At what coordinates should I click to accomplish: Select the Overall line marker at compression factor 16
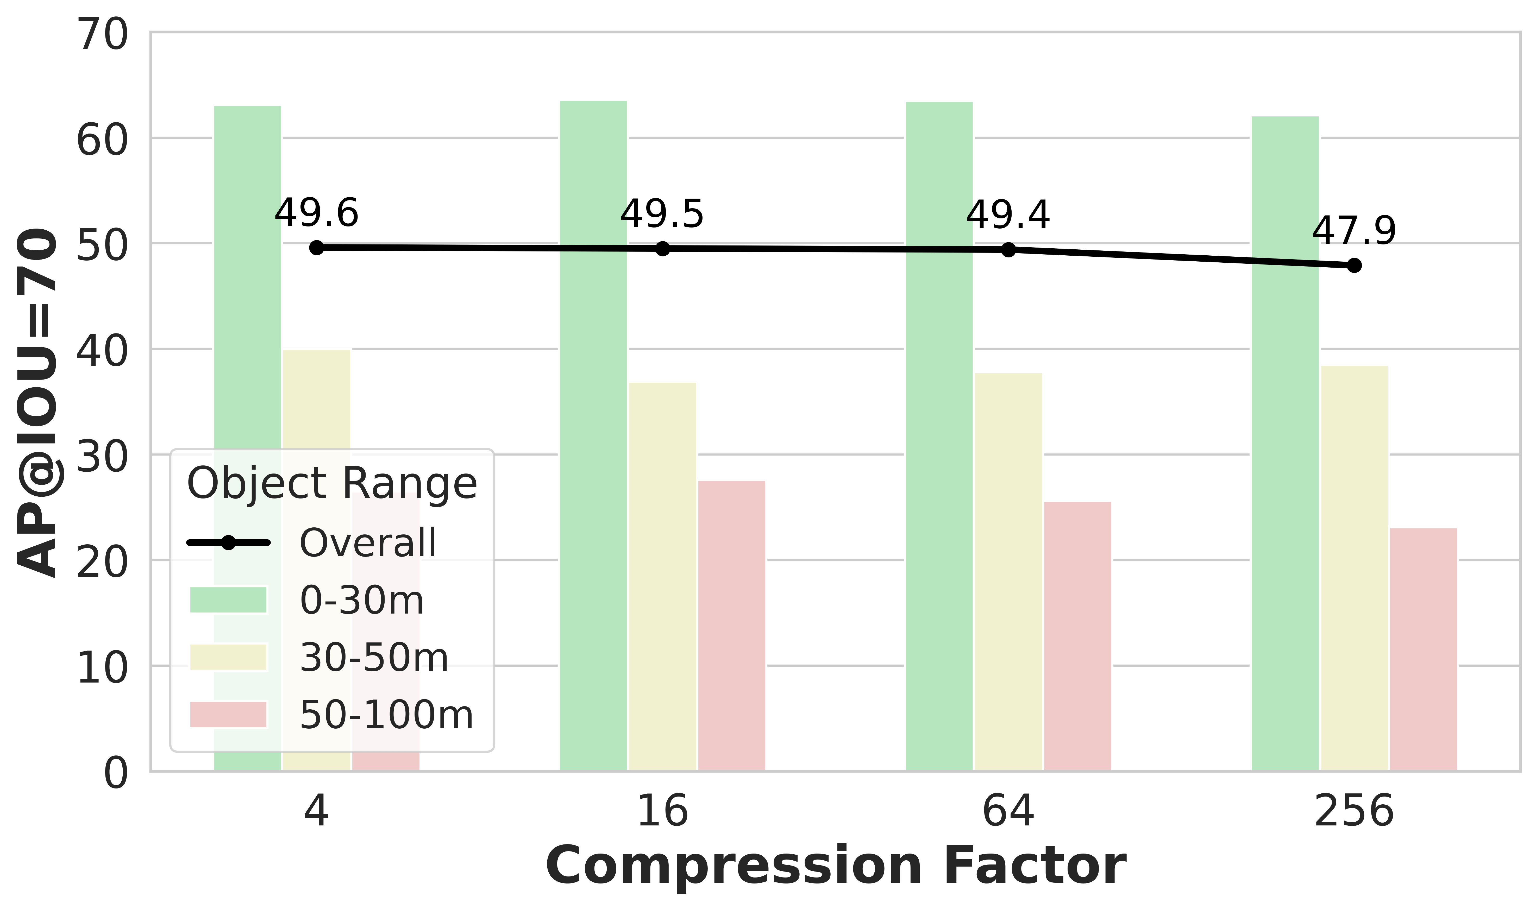point(662,249)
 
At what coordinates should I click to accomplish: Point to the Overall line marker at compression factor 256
point(1354,265)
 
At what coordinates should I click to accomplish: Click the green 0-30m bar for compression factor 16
point(593,435)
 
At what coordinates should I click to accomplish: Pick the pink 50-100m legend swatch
point(229,714)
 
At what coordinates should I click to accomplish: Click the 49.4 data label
point(1008,216)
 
